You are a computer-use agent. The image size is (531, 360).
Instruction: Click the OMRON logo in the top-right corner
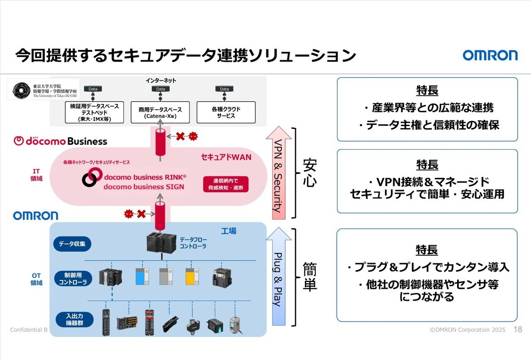490,55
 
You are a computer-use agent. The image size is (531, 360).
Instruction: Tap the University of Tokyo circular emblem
21,90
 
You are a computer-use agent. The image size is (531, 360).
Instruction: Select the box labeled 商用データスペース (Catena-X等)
160,112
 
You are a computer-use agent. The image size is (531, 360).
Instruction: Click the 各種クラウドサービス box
226,112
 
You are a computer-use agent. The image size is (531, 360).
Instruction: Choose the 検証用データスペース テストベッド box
94,112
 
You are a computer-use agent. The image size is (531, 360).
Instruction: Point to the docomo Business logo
61,141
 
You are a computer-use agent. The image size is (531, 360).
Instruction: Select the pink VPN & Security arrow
278,172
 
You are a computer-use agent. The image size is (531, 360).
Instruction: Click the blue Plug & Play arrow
278,276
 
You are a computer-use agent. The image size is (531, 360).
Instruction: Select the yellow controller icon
191,276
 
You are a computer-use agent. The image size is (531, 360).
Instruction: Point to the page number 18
517,329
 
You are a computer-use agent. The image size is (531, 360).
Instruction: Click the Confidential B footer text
28,330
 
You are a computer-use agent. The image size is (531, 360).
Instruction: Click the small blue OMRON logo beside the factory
35,215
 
